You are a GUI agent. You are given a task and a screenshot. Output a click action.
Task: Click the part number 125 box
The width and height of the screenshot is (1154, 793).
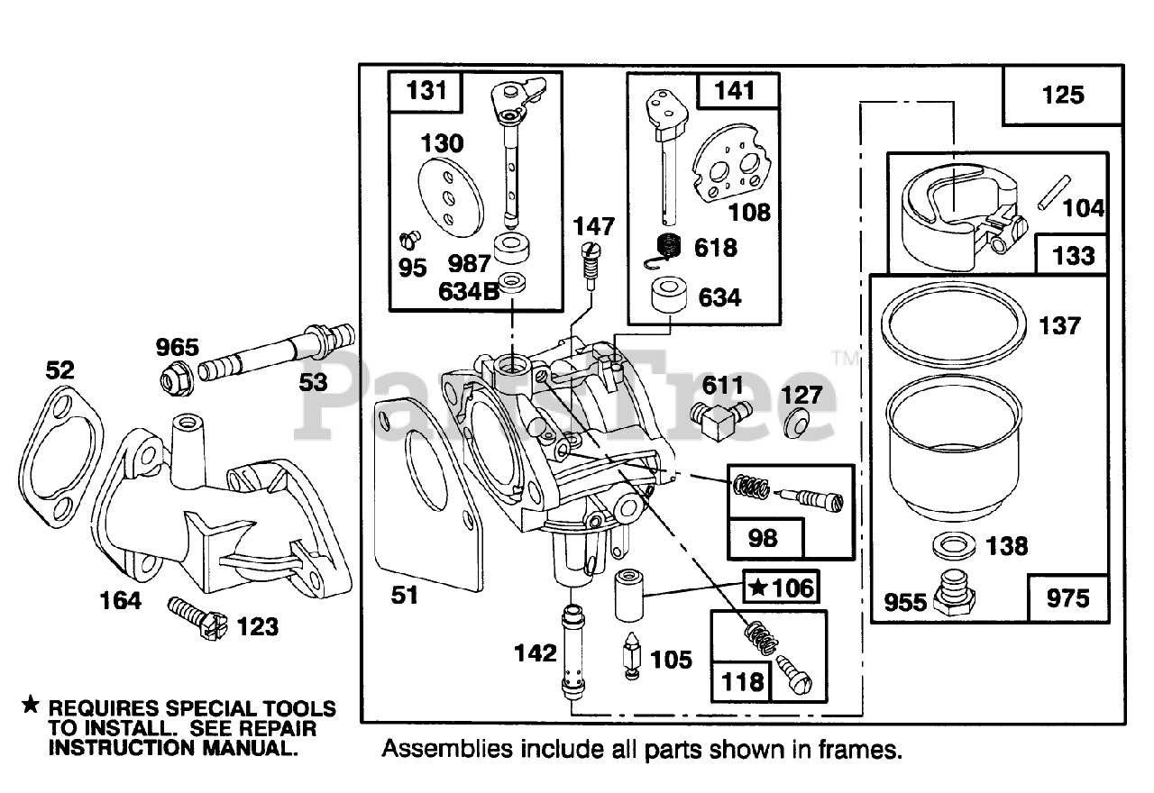tap(1063, 96)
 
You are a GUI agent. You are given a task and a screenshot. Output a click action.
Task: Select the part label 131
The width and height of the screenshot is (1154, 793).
tap(426, 92)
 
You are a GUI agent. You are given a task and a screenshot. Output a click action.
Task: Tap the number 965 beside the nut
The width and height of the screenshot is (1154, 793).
tap(178, 348)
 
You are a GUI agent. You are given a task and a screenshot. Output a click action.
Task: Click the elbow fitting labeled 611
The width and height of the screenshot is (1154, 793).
tap(720, 419)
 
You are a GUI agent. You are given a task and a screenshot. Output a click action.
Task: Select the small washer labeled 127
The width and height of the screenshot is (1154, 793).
tap(796, 424)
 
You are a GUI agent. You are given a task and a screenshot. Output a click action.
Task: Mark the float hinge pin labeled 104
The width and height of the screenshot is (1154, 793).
tap(1054, 193)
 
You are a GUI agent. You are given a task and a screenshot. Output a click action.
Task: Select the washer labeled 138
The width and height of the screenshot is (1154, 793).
tap(954, 545)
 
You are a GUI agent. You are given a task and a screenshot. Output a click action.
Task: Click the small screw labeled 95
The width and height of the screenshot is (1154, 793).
tap(410, 240)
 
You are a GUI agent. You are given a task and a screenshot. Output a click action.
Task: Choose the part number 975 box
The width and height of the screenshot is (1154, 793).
tap(1068, 598)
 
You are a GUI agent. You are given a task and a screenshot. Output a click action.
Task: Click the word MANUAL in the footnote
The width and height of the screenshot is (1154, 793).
tap(250, 748)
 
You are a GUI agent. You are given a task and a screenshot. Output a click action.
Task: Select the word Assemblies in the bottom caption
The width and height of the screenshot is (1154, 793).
tap(447, 750)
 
